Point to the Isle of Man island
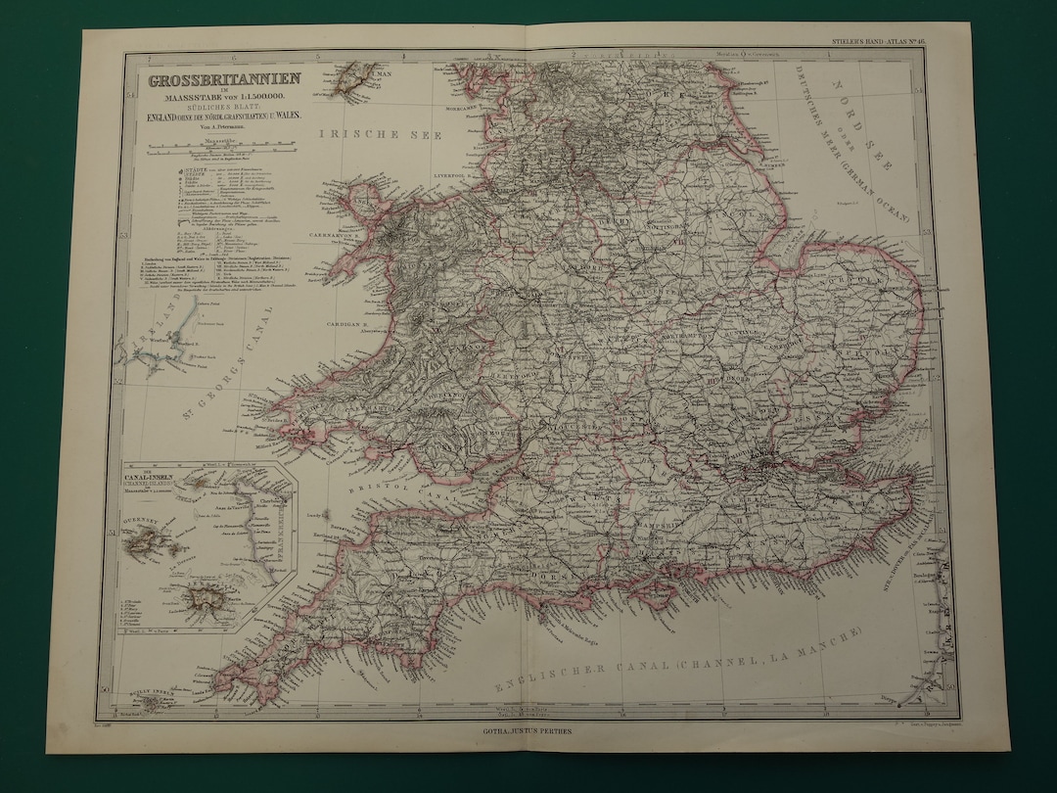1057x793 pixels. click(x=354, y=78)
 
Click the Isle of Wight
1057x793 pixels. click(x=651, y=588)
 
